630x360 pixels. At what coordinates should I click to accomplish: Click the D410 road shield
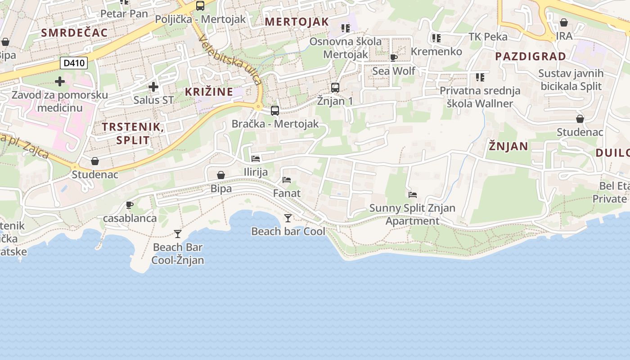(74, 63)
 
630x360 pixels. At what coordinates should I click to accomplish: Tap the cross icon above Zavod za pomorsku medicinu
(60, 81)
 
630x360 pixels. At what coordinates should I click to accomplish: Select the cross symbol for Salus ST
(153, 86)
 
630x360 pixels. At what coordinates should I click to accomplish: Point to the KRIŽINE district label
(209, 92)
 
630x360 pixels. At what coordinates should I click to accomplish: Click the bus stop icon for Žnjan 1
(335, 87)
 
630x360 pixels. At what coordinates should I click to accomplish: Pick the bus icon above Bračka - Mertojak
(275, 110)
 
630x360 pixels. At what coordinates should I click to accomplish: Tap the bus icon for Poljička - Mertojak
(200, 6)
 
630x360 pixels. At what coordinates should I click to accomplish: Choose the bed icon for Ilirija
(256, 158)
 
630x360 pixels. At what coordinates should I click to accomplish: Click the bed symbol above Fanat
(287, 180)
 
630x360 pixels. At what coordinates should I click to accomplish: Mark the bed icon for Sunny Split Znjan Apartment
(413, 195)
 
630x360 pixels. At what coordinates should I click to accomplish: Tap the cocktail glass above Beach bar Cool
(288, 218)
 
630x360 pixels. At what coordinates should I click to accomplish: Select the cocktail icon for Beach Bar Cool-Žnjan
(178, 234)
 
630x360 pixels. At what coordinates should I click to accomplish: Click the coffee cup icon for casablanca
(130, 205)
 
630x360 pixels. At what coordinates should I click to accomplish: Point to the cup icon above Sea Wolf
(394, 58)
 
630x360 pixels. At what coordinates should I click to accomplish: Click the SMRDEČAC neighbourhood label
(74, 32)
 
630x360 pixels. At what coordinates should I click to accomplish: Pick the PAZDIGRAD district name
(531, 56)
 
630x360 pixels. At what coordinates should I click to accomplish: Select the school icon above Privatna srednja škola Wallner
(480, 77)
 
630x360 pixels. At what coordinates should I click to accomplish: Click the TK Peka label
(488, 36)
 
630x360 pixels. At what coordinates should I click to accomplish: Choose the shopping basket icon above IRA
(564, 22)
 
